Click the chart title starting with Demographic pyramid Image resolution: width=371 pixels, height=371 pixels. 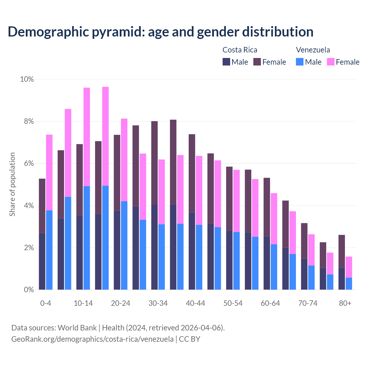pos(161,32)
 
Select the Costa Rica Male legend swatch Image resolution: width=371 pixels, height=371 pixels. pos(226,62)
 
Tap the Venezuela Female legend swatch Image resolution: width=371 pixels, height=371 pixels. pos(330,62)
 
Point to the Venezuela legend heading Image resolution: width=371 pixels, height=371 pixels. pos(313,50)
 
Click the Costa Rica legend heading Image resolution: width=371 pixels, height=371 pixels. pos(240,50)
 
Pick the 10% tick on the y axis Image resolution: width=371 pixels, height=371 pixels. pos(27,79)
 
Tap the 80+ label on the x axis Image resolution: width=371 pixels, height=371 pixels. pos(345,303)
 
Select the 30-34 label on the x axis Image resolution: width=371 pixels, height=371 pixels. pos(158,303)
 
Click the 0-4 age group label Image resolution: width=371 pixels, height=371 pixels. pos(46,303)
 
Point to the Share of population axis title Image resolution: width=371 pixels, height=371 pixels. pos(12,184)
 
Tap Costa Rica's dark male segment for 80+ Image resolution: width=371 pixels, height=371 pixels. pos(342,279)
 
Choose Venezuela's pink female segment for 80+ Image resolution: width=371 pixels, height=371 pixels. pos(349,267)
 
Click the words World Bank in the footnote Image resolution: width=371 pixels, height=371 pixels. pos(77,328)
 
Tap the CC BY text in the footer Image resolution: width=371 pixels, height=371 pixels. pos(190,339)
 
